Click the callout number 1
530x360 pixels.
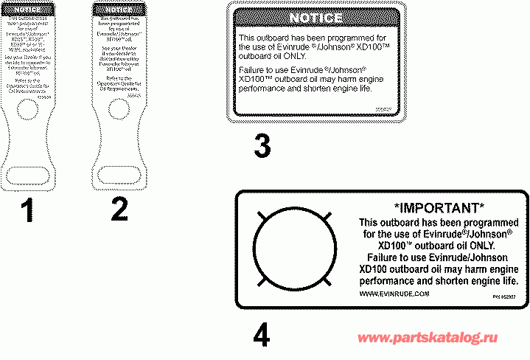27,211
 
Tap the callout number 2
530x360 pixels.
118,209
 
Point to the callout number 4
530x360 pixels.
261,336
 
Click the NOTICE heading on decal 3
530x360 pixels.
315,18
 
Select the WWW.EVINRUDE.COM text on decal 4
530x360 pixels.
394,294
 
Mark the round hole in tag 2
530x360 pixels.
117,109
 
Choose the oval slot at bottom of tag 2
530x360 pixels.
117,174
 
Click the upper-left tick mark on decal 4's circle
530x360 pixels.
259,215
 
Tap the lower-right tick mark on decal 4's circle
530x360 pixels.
322,282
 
